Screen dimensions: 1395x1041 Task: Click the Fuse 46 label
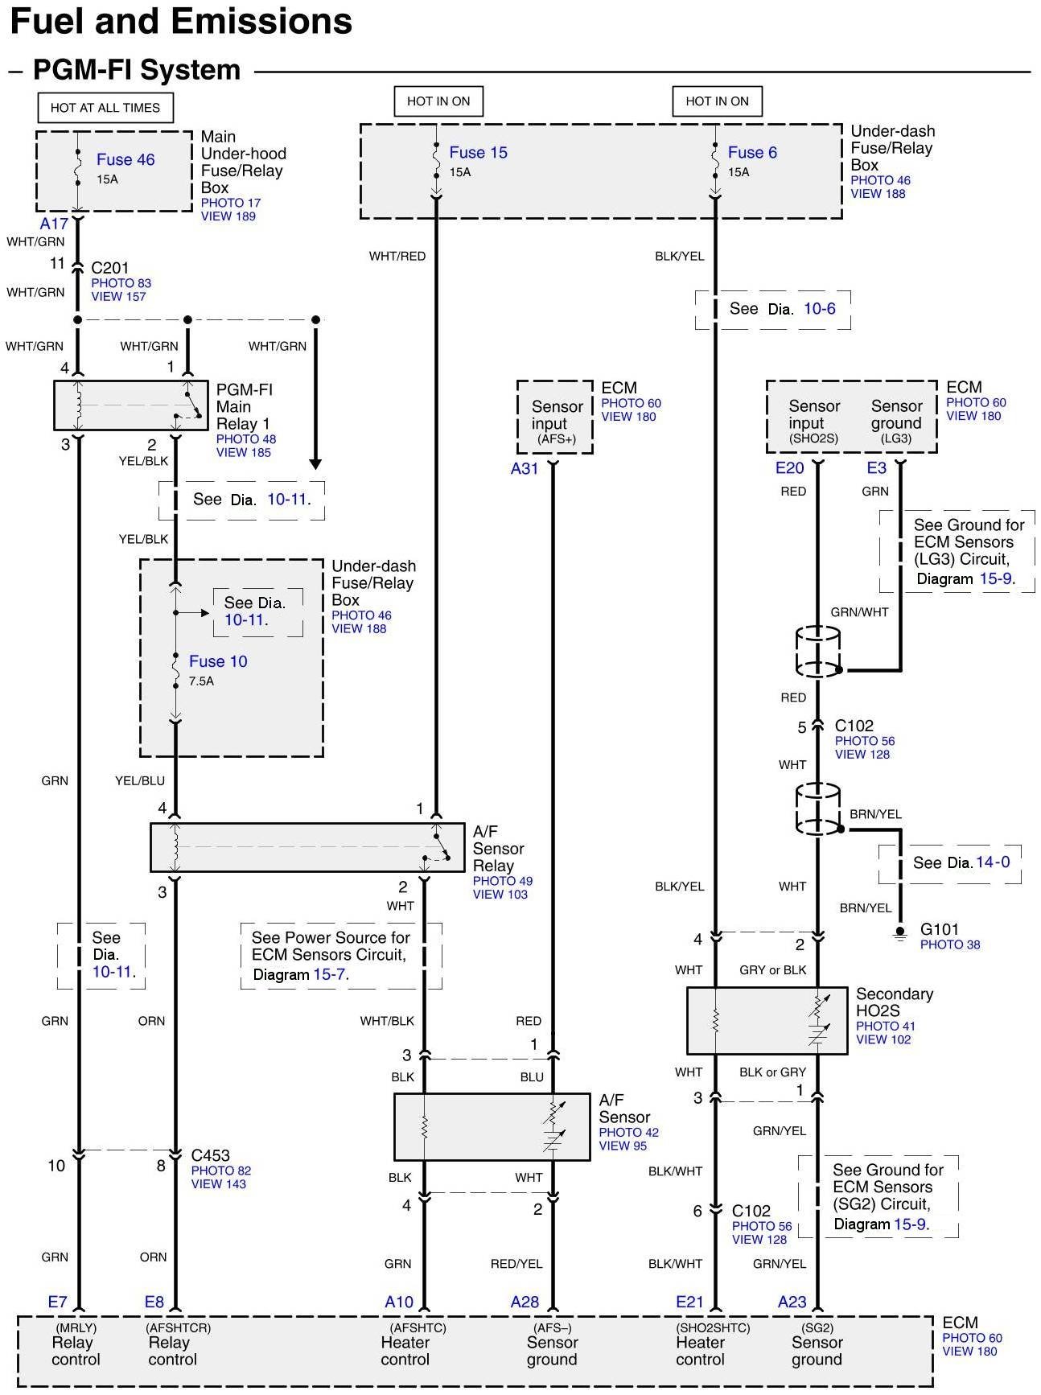(125, 159)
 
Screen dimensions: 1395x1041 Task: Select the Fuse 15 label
(478, 152)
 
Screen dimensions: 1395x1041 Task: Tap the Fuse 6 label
(752, 152)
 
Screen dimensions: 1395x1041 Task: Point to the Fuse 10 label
(218, 661)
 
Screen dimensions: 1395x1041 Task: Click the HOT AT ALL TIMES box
(105, 108)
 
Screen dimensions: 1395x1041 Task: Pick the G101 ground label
(939, 929)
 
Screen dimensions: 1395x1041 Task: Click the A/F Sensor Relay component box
(307, 847)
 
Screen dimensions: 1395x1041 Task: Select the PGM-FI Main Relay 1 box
(130, 405)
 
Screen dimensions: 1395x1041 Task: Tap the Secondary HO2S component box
(767, 1020)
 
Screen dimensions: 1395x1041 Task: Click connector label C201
(110, 268)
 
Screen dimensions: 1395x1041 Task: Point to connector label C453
(211, 1155)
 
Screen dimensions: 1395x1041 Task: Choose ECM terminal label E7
(58, 1302)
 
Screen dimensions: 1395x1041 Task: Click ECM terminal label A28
(525, 1302)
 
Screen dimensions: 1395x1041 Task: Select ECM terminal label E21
(689, 1302)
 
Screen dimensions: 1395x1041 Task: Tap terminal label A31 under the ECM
(525, 468)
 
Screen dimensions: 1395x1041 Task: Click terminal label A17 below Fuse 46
(54, 224)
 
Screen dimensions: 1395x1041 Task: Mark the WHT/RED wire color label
(397, 256)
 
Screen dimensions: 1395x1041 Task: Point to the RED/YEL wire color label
(516, 1264)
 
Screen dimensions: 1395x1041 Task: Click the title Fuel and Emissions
(181, 22)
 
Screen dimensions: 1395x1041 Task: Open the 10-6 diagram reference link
(819, 309)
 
